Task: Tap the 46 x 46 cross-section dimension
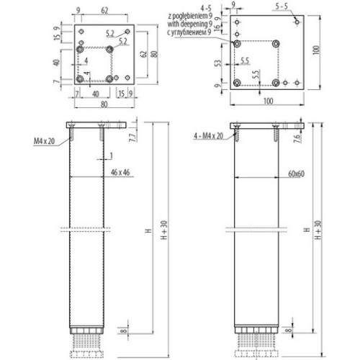pyautogui.click(x=100, y=174)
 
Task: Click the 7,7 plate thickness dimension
pyautogui.click(x=132, y=138)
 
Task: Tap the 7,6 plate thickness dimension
pyautogui.click(x=297, y=139)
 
